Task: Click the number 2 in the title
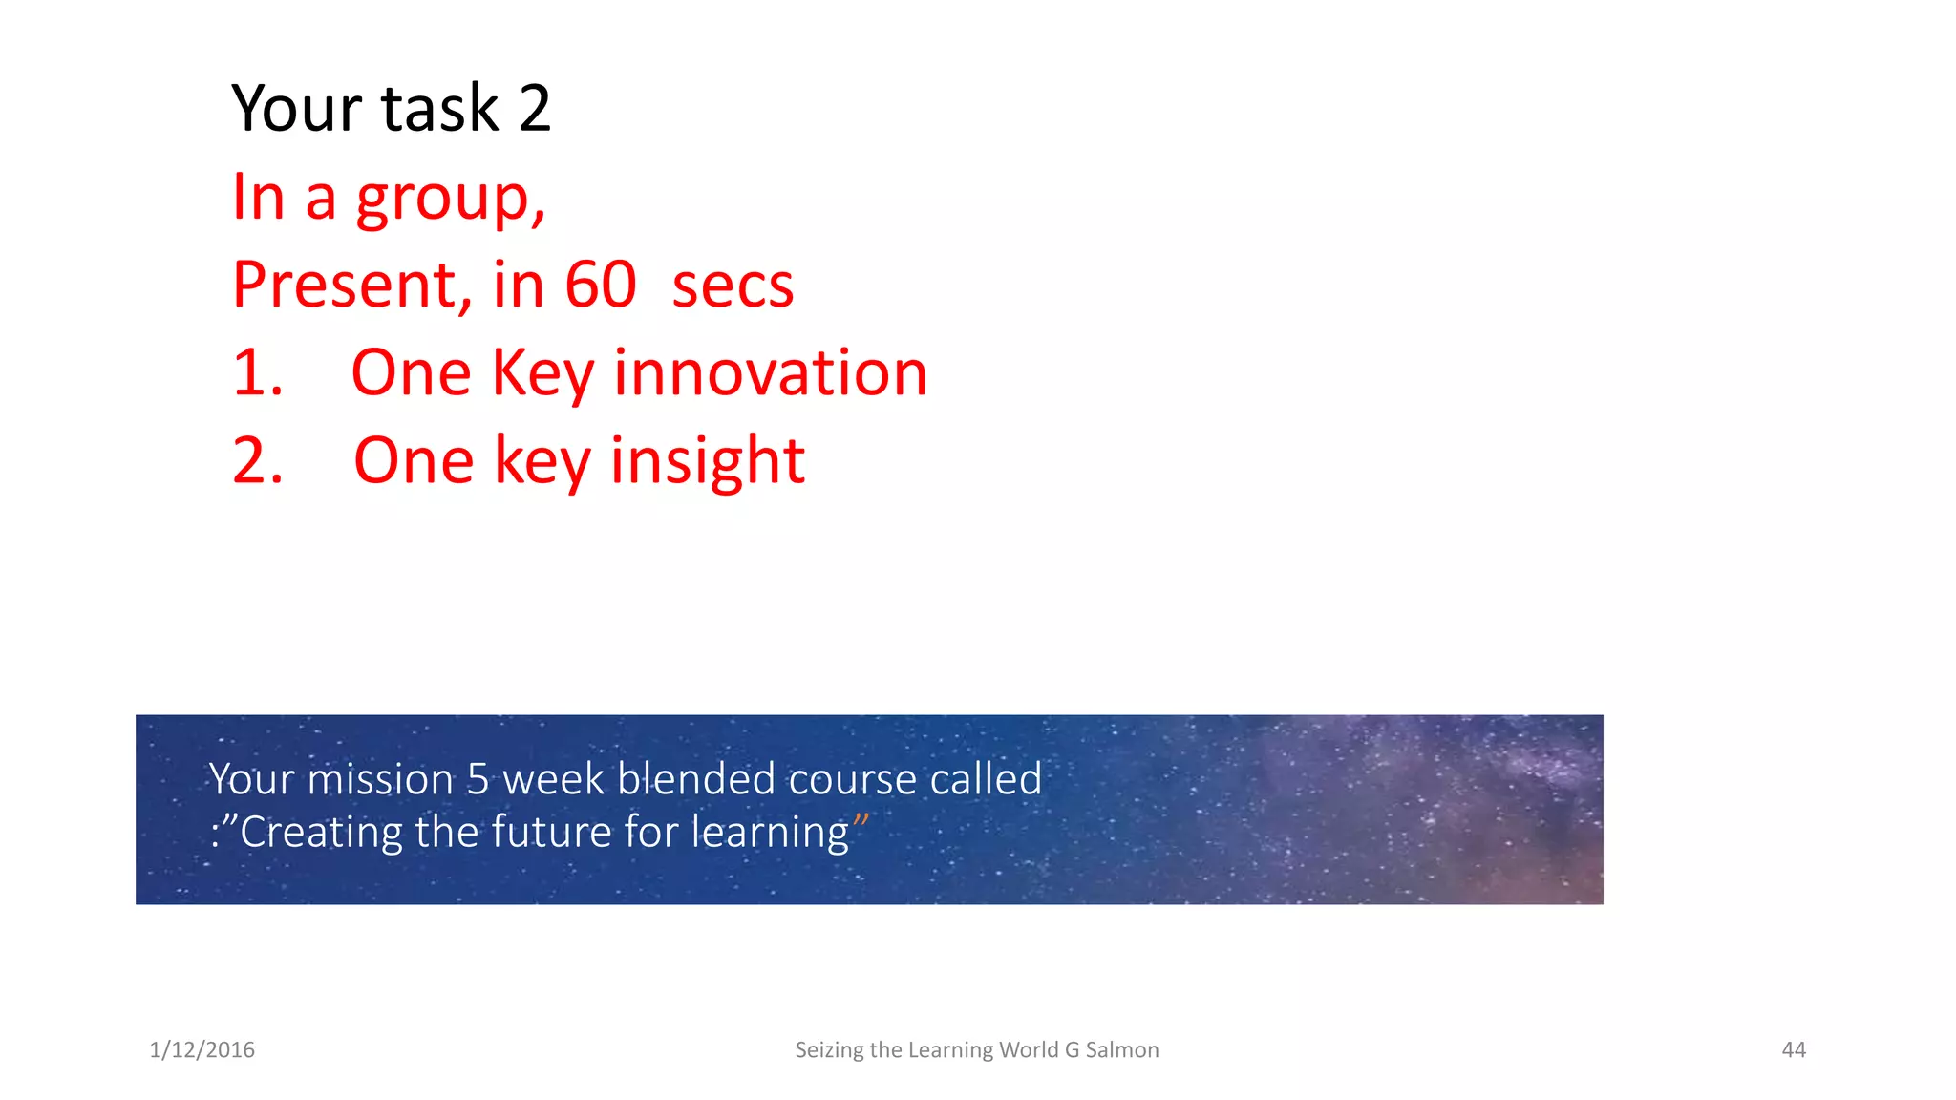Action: click(x=535, y=108)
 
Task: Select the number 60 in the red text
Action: click(x=600, y=285)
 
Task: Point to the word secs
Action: click(x=733, y=286)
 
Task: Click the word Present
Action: click(x=351, y=285)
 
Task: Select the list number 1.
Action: click(x=258, y=372)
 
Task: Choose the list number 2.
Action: click(x=258, y=460)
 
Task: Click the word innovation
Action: click(x=770, y=372)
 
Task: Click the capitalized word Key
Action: click(x=543, y=374)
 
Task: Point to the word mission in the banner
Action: click(x=380, y=779)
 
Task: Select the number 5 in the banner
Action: click(x=478, y=779)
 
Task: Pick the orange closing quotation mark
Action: click(x=861, y=820)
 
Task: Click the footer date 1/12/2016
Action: click(x=202, y=1049)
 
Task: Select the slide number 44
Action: click(x=1793, y=1049)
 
